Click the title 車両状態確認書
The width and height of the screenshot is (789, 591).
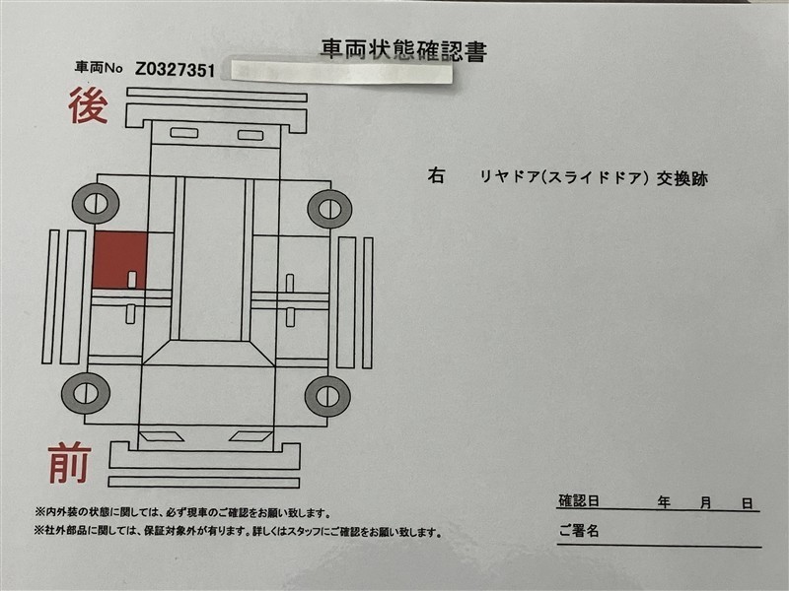tap(404, 50)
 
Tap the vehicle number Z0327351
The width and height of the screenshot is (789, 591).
tap(176, 70)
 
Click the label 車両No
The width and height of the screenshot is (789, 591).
tap(99, 67)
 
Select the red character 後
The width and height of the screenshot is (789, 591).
tap(88, 105)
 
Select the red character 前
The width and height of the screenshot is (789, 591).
tap(70, 462)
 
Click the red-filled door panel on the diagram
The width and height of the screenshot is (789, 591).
tap(120, 260)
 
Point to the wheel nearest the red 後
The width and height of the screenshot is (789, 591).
tap(96, 204)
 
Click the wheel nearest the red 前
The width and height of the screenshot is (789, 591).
tap(86, 393)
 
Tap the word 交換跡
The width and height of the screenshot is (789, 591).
tap(681, 178)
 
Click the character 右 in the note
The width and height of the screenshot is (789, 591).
tap(436, 175)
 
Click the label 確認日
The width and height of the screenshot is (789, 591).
tap(579, 501)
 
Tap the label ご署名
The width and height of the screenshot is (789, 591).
tap(579, 530)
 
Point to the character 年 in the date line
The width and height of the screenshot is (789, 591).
tap(664, 502)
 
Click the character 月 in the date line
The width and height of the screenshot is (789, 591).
tap(706, 502)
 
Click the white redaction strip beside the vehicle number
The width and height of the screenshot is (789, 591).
tap(341, 72)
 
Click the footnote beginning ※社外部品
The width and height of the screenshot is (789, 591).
tap(238, 531)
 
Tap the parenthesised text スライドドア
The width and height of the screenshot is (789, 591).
tap(598, 178)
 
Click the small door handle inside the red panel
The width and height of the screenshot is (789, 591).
tap(132, 280)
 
